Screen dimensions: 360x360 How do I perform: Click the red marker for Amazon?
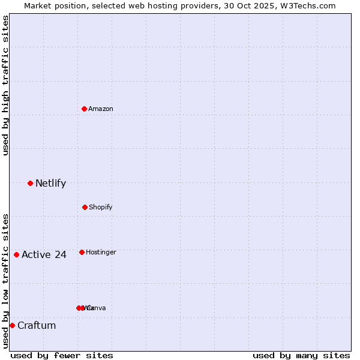[84, 109]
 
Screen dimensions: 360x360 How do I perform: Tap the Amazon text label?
[101, 109]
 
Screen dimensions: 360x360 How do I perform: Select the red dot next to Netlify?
[30, 183]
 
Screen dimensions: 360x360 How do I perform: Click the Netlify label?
[50, 183]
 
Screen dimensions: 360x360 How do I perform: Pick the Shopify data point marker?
[85, 207]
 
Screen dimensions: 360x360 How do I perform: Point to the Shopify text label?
[101, 207]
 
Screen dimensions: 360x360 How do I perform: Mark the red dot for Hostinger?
[82, 252]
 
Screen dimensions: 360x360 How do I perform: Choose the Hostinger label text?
[101, 252]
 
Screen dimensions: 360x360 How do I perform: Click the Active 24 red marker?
[16, 254]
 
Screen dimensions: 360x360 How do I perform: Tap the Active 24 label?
[44, 254]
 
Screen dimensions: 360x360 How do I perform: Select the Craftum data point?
[12, 325]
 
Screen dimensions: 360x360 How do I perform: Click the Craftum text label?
[37, 325]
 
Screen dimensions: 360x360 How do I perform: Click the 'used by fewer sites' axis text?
[62, 355]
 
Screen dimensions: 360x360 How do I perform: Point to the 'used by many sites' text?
[301, 355]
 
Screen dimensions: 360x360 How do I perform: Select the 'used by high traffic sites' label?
[5, 85]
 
